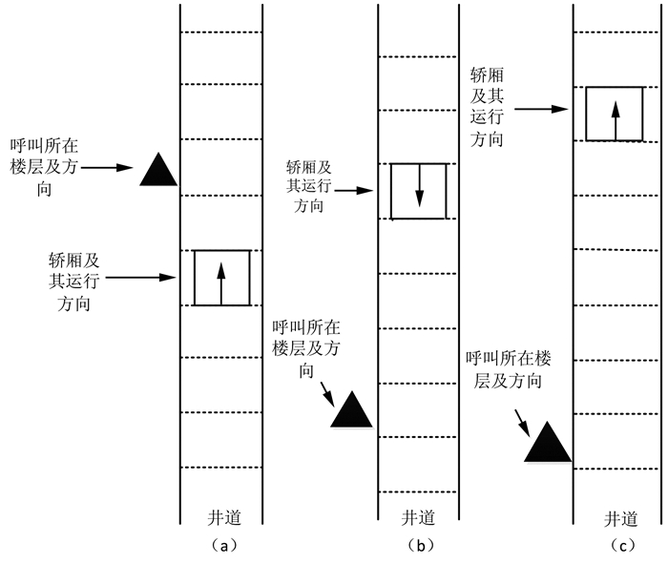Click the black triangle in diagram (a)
pos(158,173)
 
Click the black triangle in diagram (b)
pos(351,412)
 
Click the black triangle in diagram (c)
pos(548,445)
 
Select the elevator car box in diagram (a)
pos(195,278)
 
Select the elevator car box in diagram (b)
pos(391,191)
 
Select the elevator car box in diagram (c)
pos(587,114)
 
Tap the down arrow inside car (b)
pos(420,186)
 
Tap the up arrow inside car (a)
pos(221,283)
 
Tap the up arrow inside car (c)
pos(616,120)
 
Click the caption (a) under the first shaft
pos(223,545)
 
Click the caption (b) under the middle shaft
pos(421,545)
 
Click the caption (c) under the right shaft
pos(622,545)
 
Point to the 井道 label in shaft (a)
pos(224,517)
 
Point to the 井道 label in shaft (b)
pos(418,517)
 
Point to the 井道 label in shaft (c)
pos(620,519)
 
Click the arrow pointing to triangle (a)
pos(107,167)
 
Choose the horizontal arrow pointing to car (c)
pos(541,109)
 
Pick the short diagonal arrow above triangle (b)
pos(327,393)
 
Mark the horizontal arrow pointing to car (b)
pos(354,191)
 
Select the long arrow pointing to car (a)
pos(140,278)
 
